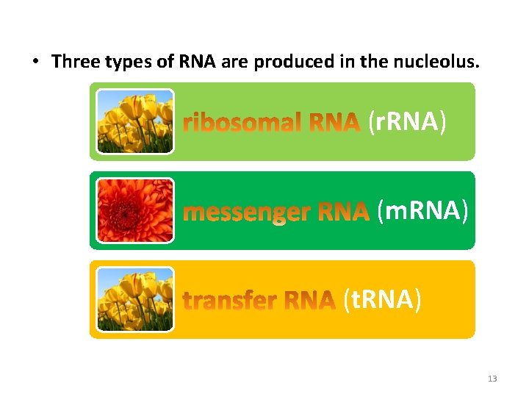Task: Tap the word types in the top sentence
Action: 132,62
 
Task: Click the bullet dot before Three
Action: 35,62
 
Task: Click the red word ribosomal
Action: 242,122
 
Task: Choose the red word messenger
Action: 248,212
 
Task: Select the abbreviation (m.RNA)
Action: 422,211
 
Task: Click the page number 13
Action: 492,379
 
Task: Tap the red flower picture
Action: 135,210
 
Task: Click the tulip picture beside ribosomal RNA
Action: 135,121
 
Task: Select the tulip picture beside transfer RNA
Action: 135,299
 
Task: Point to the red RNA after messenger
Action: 343,212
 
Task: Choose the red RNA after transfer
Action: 310,301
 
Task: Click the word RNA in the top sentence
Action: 197,62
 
